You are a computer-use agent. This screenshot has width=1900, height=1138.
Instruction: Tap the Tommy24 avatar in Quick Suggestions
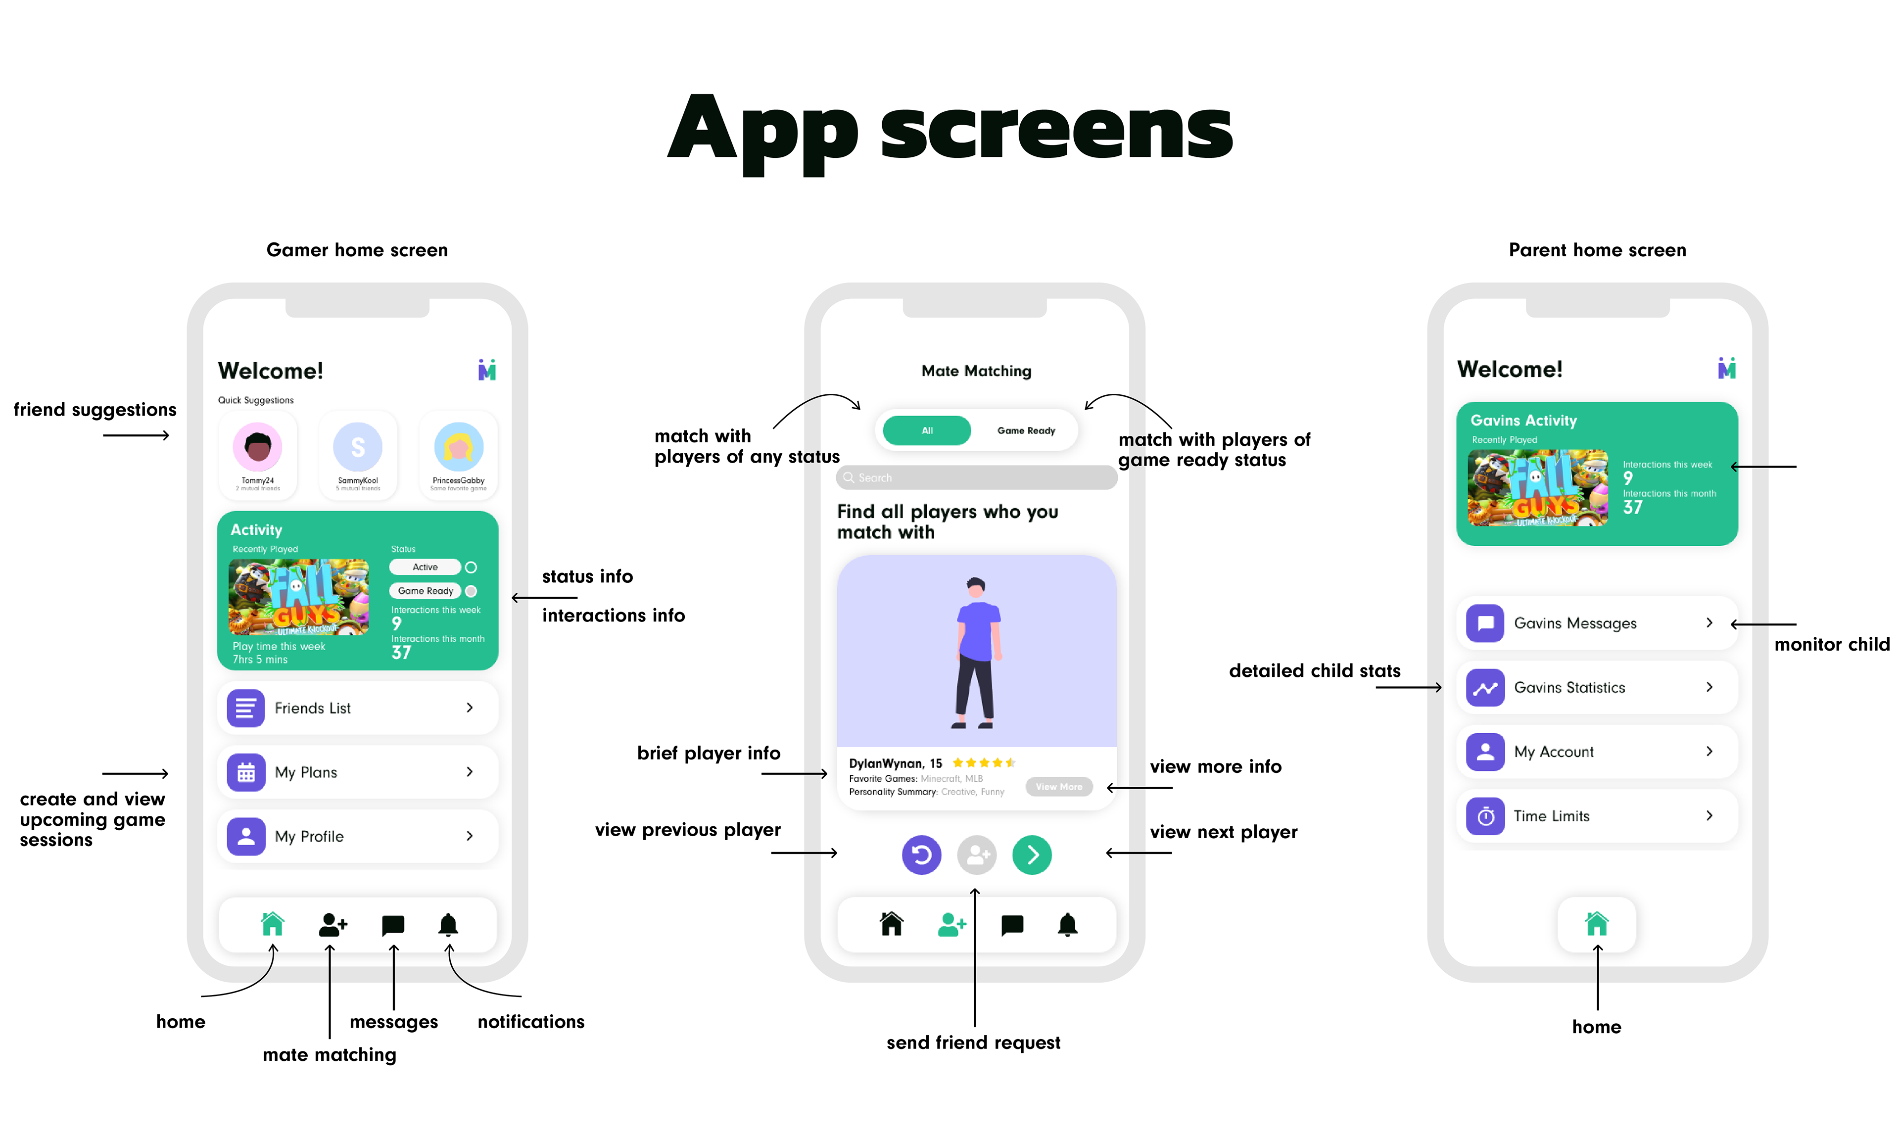[258, 447]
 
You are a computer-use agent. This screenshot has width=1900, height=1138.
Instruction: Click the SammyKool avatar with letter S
[357, 447]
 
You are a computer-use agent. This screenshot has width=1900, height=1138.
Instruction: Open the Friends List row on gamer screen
[357, 708]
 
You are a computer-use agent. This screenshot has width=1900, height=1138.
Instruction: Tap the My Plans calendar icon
[246, 772]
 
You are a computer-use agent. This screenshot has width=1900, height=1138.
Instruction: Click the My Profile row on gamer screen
[357, 836]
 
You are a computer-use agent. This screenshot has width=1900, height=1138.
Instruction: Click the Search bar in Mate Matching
[976, 478]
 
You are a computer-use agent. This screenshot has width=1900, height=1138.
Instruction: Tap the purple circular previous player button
[921, 854]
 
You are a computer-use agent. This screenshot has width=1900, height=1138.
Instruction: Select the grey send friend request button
[976, 854]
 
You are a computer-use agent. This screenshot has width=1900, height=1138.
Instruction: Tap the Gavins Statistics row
[1596, 687]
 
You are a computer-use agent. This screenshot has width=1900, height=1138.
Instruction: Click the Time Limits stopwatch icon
[1484, 816]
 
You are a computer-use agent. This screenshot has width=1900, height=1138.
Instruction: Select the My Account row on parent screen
[1596, 752]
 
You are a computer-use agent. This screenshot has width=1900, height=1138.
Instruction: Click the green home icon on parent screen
[1596, 924]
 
